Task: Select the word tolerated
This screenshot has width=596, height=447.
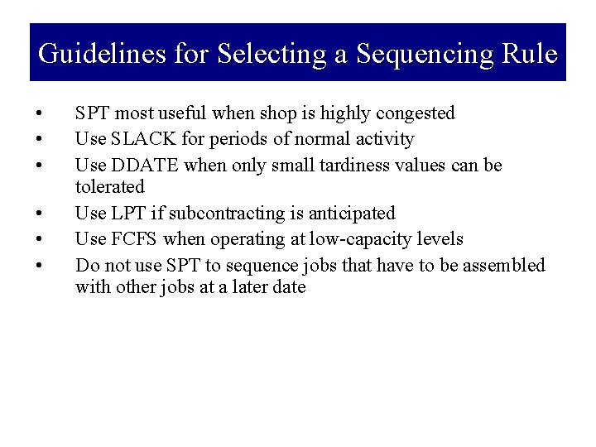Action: coord(109,187)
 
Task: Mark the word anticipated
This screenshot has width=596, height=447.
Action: coord(348,214)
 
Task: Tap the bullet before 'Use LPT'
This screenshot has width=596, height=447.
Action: coord(38,214)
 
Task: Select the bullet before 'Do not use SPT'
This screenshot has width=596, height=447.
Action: coord(38,266)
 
